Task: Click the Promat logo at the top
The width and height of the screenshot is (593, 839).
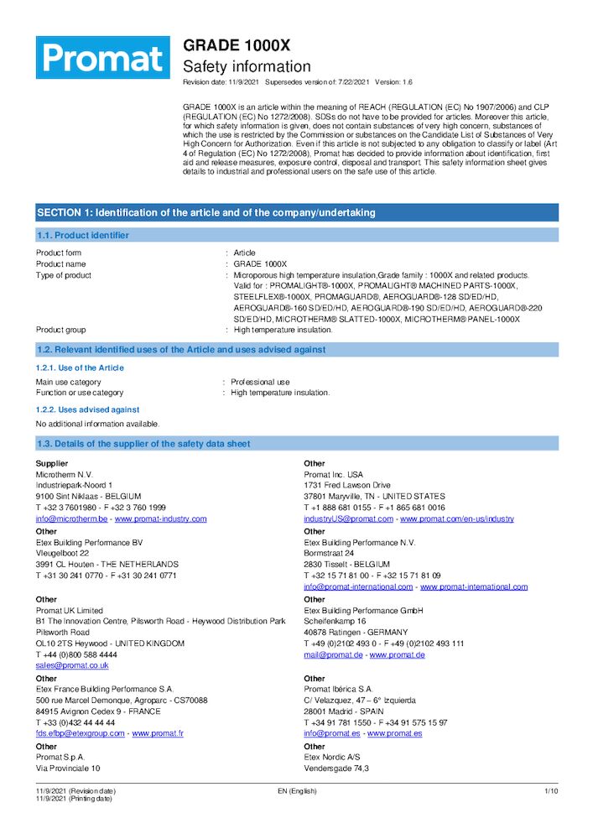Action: [x=102, y=57]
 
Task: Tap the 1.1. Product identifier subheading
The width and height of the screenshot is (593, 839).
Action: [x=82, y=236]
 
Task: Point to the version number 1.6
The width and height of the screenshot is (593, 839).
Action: [x=406, y=82]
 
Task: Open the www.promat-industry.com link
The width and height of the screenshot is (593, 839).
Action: [x=160, y=519]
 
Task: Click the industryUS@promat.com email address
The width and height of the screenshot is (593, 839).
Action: [x=348, y=519]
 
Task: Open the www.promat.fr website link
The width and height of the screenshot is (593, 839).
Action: [x=158, y=732]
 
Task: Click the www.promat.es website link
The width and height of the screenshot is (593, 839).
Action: [x=394, y=732]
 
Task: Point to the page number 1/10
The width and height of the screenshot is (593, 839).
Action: [x=551, y=791]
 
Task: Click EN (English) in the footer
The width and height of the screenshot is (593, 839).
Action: [x=297, y=791]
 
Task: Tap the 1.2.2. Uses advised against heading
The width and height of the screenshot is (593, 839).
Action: [x=87, y=409]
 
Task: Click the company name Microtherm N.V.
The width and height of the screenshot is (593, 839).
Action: [x=64, y=475]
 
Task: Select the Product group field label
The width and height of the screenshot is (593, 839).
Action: [x=60, y=330]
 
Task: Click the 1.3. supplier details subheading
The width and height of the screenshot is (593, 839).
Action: [x=143, y=444]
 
